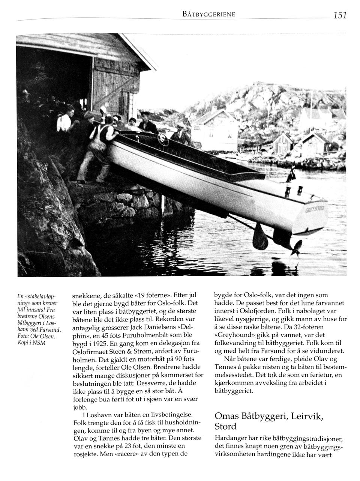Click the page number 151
pyautogui.click(x=339, y=15)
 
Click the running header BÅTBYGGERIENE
pyautogui.click(x=208, y=14)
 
